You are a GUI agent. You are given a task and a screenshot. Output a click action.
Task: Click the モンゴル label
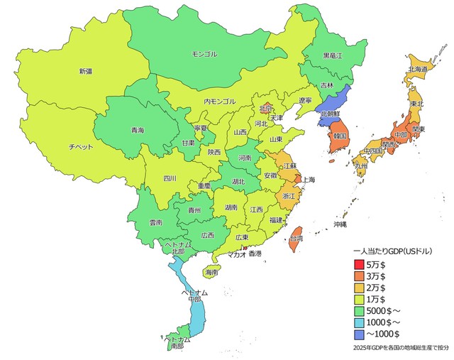pos(205,54)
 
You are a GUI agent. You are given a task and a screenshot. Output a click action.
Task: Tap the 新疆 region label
pos(86,71)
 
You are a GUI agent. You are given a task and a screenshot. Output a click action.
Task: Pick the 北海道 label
pos(417,70)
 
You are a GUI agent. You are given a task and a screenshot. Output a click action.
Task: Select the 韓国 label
pos(338,135)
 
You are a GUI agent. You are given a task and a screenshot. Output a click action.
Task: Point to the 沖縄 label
pos(340,224)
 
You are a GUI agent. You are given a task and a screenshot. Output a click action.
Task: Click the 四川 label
pos(170,178)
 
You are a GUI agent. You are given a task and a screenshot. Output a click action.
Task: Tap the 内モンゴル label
pos(219,102)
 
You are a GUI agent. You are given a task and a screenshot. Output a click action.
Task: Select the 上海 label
pos(309,180)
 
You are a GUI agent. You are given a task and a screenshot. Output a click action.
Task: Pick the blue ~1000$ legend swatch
pos(358,334)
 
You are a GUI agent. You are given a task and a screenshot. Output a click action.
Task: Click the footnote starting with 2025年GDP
pos(400,348)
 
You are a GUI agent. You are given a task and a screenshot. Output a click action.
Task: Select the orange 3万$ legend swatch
pos(358,276)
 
